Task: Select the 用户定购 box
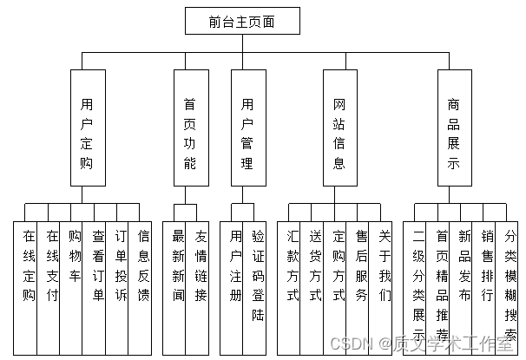pyautogui.click(x=86, y=133)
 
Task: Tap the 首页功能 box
pyautogui.click(x=190, y=133)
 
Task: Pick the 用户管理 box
pyautogui.click(x=247, y=133)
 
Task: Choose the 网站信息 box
pyautogui.click(x=339, y=133)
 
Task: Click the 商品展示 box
pyautogui.click(x=453, y=133)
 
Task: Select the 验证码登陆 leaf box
pyautogui.click(x=259, y=278)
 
